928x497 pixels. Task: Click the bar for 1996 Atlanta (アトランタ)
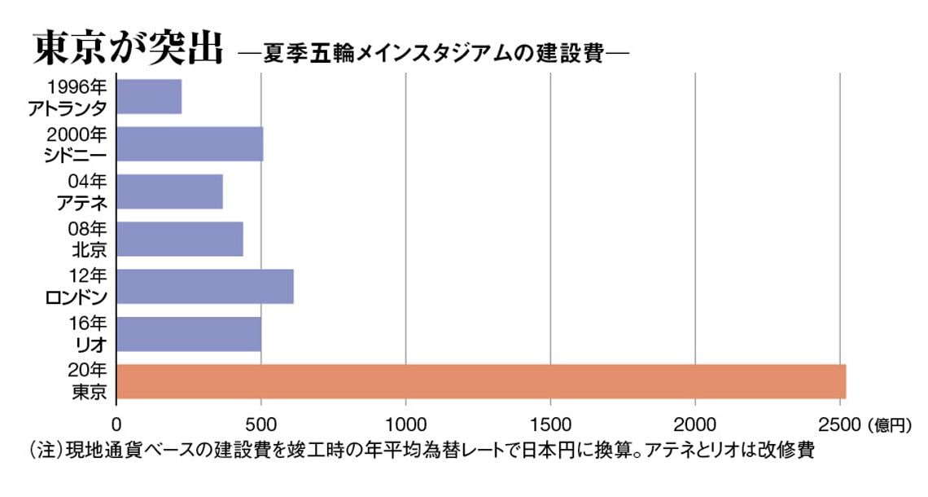point(149,96)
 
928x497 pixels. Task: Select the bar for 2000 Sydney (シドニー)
point(190,143)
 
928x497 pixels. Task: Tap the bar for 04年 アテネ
point(169,191)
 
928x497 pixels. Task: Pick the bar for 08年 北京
point(180,238)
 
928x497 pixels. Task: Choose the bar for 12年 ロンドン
point(205,285)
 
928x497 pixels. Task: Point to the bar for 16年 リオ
point(189,333)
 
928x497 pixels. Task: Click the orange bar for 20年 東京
point(481,381)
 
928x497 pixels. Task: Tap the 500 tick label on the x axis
point(260,424)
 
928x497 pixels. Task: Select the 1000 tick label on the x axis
point(405,424)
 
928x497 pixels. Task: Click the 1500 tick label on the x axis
point(550,424)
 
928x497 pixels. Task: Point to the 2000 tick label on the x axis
point(694,424)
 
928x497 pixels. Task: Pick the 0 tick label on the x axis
point(116,424)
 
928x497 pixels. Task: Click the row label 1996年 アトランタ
point(77,97)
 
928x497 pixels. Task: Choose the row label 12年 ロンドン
point(78,286)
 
